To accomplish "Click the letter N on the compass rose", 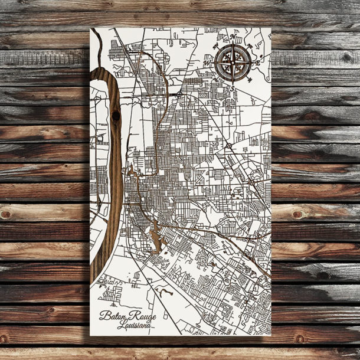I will point(233,38).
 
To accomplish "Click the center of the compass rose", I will point(233,61).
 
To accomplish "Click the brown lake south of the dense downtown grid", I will point(155,239).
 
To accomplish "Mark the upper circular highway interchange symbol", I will point(179,94).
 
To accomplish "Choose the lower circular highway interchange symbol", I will point(228,145).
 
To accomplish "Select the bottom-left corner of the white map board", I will point(91,335).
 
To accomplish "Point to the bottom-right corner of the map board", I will point(271,335).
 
